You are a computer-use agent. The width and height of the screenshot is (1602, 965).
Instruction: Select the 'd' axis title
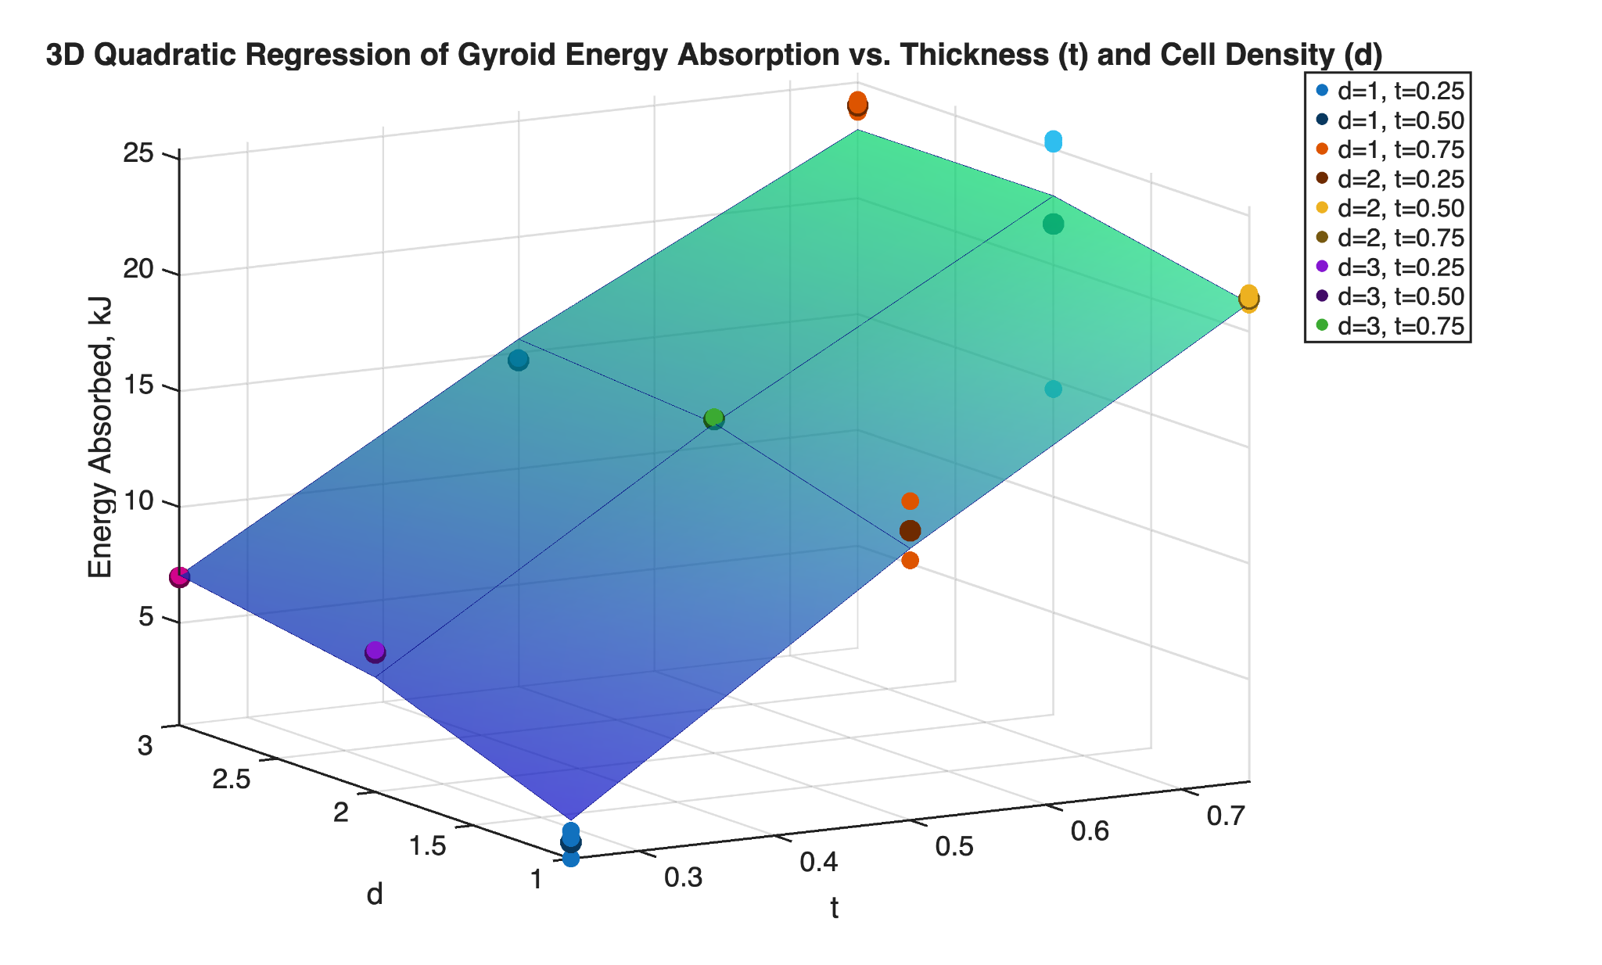tap(375, 895)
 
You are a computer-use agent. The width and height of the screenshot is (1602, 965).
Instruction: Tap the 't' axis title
tap(835, 909)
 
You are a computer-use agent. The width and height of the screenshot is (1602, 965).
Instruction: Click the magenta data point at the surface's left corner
tap(179, 577)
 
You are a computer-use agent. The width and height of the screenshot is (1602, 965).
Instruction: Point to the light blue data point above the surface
tap(1053, 142)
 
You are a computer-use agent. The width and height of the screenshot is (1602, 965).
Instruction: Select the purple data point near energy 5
tap(375, 651)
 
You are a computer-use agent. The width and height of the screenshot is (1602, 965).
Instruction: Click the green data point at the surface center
tap(713, 418)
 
